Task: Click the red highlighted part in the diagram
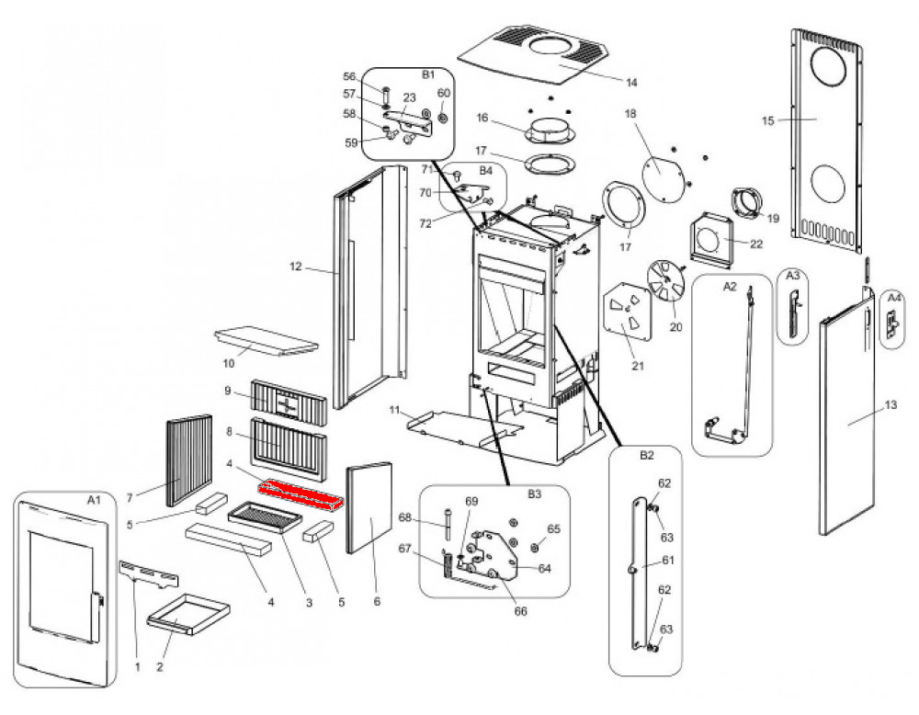coord(301,495)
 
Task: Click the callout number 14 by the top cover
coord(631,83)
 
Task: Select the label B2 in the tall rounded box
coord(646,456)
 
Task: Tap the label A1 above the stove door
coord(94,499)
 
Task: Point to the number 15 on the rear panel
coord(767,120)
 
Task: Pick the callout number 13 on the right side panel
coord(891,405)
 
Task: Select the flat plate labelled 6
coord(369,507)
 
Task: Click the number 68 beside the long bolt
coord(405,517)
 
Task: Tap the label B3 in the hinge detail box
coord(534,494)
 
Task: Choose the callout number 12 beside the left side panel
coord(295,267)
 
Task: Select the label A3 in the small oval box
coord(792,275)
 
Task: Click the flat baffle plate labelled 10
coord(267,341)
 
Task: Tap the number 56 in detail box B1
coord(349,77)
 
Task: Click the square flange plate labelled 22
coord(711,239)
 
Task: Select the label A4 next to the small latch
coord(894,299)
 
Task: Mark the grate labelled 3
coord(265,516)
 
